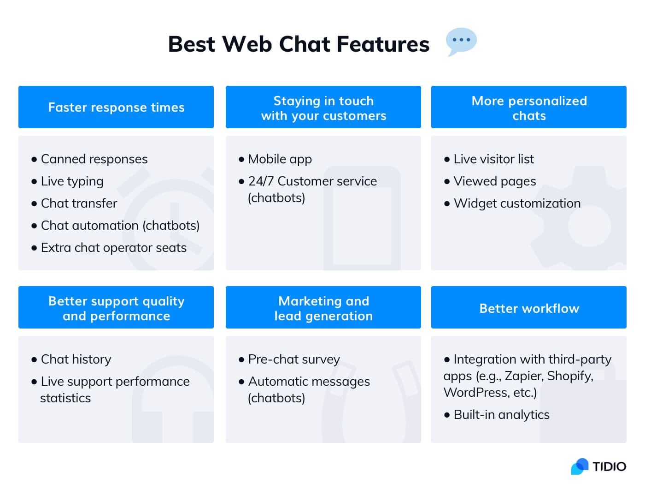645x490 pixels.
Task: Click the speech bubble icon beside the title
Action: [x=461, y=41]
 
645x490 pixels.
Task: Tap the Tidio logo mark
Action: [x=580, y=466]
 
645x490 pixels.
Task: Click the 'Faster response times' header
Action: [x=116, y=107]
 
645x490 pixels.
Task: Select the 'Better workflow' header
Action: [x=529, y=308]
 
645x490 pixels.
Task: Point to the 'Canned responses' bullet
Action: [x=94, y=159]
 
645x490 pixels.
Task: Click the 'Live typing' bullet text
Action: [x=72, y=181]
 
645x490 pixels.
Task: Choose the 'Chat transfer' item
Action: [x=79, y=203]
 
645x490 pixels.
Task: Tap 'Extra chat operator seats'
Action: [x=113, y=248]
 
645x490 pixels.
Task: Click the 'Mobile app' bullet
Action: [x=280, y=159]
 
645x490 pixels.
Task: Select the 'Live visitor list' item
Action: [x=493, y=159]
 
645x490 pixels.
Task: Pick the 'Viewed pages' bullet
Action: [x=494, y=181]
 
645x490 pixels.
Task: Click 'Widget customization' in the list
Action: [x=517, y=203]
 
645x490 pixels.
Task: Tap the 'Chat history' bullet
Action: [x=76, y=359]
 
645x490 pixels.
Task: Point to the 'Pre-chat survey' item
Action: [x=294, y=359]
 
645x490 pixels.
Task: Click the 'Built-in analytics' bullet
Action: [x=501, y=415]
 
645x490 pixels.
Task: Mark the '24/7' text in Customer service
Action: [x=261, y=181]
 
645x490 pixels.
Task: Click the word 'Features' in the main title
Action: [x=383, y=44]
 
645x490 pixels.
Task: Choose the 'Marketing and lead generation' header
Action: [x=323, y=308]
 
